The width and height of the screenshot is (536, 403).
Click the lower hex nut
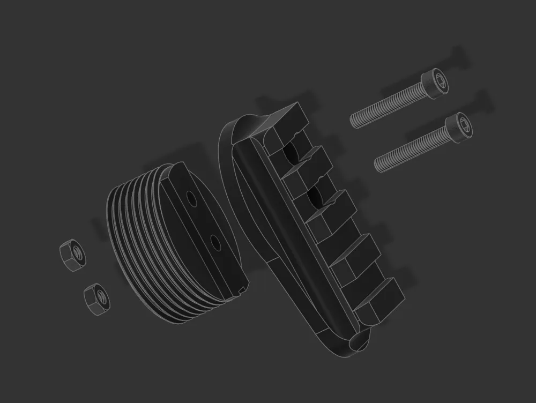pyautogui.click(x=97, y=299)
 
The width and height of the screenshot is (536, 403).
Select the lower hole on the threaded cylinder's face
pyautogui.click(x=216, y=243)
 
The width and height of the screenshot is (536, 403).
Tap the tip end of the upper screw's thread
pyautogui.click(x=353, y=121)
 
